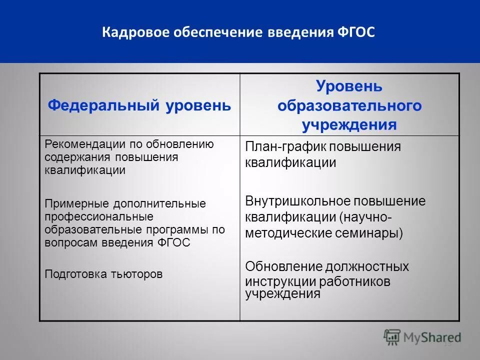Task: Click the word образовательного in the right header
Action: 349,106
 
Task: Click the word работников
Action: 351,281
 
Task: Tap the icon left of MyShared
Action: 392,337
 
